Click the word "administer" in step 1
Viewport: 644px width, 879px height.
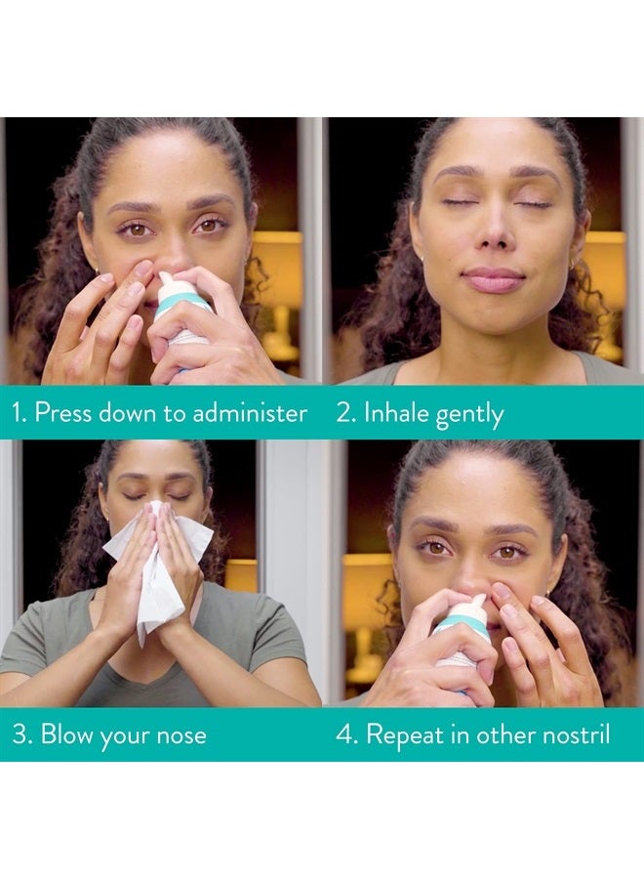pos(248,412)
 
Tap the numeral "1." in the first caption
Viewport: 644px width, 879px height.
pos(19,412)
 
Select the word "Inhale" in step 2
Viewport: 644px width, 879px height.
pos(396,413)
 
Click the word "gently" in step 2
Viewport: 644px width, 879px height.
pos(469,415)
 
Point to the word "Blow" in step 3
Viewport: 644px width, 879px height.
pos(65,734)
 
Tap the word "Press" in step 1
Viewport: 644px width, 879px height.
pos(65,412)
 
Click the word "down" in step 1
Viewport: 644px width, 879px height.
pos(133,412)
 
